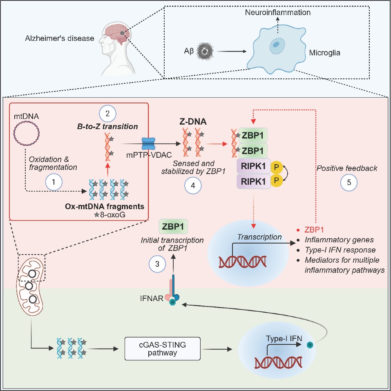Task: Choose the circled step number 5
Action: pyautogui.click(x=348, y=183)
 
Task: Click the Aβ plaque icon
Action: pyautogui.click(x=202, y=51)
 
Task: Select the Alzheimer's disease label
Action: pyautogui.click(x=59, y=39)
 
